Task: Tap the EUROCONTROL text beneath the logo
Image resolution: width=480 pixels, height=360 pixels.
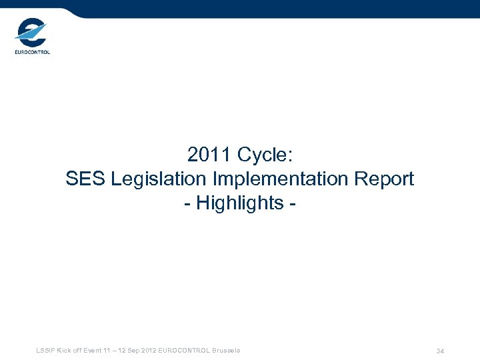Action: [32, 52]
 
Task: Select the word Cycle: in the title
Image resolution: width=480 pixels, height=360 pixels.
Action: [265, 155]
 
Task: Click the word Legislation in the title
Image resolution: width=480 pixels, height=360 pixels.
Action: [160, 179]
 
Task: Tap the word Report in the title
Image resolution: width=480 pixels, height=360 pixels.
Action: [387, 179]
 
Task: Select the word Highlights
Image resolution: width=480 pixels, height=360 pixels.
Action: [240, 203]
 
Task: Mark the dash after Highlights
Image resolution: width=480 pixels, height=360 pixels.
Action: [292, 203]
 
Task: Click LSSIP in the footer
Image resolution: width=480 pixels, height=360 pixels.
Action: [47, 351]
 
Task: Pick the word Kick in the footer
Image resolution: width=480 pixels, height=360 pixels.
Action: [65, 351]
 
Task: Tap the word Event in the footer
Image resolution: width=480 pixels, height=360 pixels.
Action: [93, 351]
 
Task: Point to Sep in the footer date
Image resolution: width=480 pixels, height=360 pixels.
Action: [133, 351]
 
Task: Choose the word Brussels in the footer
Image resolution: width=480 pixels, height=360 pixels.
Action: [225, 351]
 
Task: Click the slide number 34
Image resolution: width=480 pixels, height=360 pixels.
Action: [440, 351]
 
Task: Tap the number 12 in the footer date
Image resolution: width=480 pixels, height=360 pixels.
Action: [121, 351]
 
